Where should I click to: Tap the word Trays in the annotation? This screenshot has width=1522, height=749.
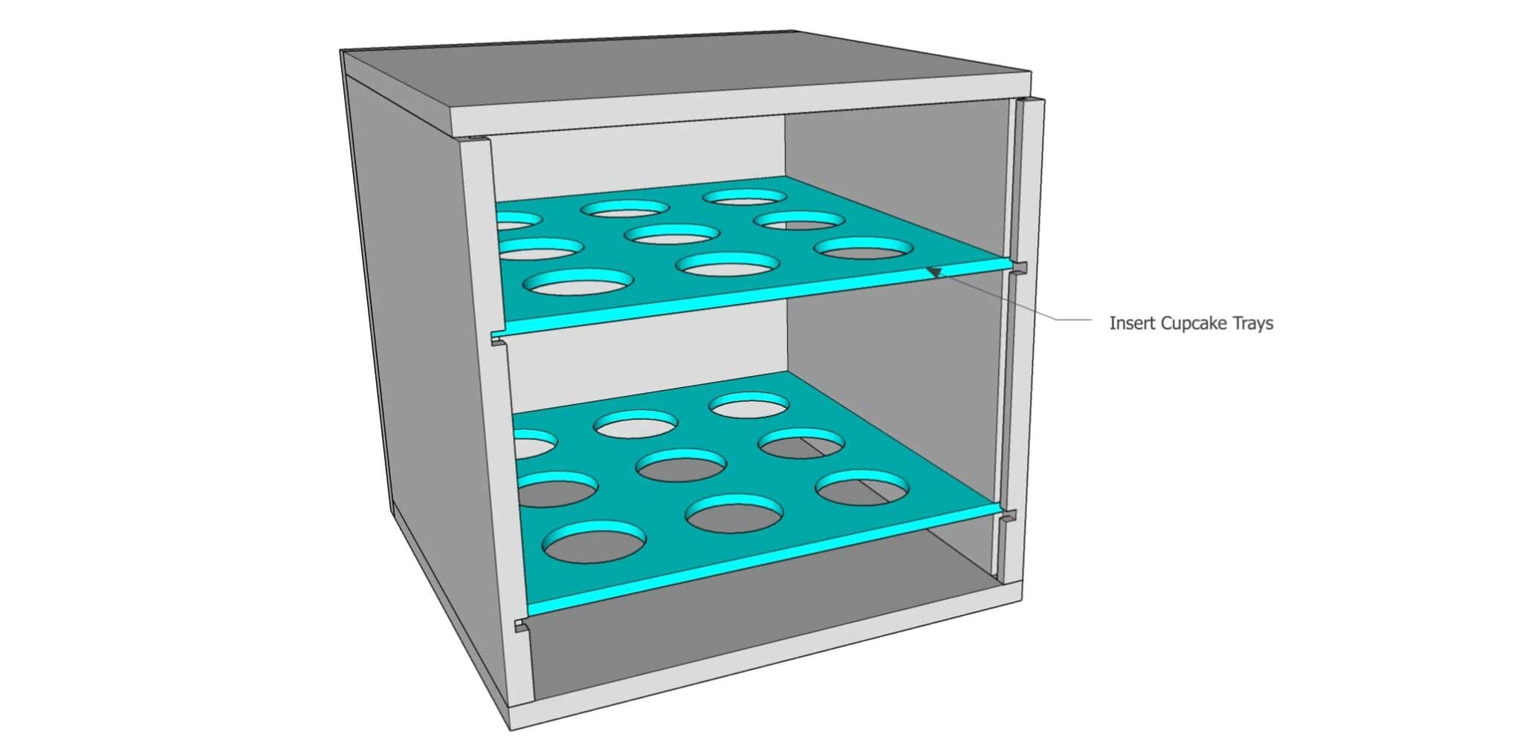pos(1251,324)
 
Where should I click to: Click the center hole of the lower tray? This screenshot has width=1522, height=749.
pos(681,465)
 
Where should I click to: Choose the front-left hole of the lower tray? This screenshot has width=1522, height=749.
pos(595,542)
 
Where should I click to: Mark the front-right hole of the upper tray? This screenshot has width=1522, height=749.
pos(863,248)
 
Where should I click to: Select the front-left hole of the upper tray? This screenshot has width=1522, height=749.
pos(579,282)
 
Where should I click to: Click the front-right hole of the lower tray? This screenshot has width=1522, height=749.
pos(862,487)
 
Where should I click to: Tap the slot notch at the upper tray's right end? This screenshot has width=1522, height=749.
pos(1020,267)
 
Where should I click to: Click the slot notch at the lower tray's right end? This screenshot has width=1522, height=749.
pos(1008,516)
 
